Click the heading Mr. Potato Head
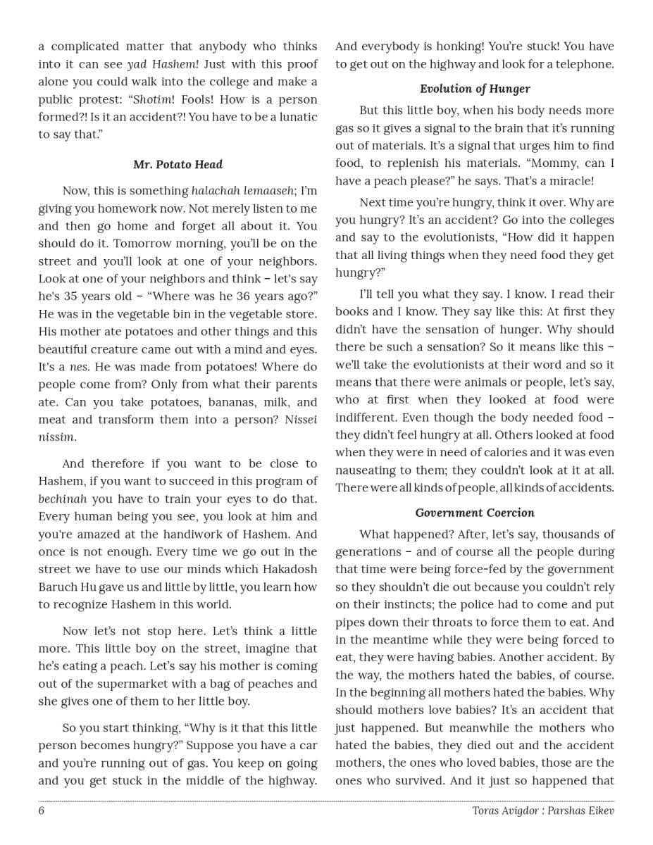[x=178, y=164]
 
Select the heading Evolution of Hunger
[x=475, y=89]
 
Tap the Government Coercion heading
[x=475, y=513]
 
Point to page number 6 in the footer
[x=42, y=810]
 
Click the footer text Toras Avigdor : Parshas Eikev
[x=543, y=810]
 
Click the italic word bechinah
[x=63, y=499]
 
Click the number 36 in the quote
[x=242, y=296]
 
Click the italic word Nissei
[x=300, y=420]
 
